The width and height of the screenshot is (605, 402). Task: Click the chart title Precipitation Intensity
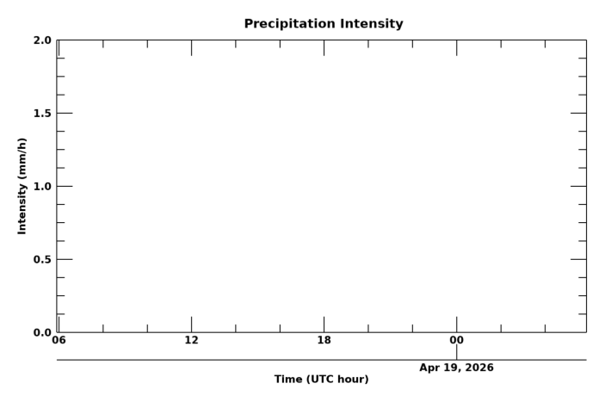(x=323, y=24)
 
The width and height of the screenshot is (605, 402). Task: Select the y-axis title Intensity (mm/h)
(x=22, y=186)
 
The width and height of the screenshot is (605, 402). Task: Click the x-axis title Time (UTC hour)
(x=321, y=380)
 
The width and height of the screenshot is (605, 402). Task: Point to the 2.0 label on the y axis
(x=41, y=40)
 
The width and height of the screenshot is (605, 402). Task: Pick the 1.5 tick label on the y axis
(x=41, y=114)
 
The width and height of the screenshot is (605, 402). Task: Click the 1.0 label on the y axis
(x=41, y=187)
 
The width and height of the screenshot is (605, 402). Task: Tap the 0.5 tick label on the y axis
(x=41, y=260)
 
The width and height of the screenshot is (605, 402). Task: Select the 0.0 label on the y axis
(x=41, y=333)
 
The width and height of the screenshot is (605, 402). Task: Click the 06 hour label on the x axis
(x=59, y=341)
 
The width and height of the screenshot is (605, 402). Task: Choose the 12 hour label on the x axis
(x=191, y=341)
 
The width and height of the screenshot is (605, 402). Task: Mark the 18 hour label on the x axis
(x=324, y=341)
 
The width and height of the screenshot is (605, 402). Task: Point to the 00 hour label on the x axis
(x=456, y=341)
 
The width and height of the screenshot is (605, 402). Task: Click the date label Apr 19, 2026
(x=456, y=368)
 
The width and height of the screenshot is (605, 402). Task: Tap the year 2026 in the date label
(x=478, y=368)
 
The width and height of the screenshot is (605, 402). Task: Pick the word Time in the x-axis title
(x=288, y=380)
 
